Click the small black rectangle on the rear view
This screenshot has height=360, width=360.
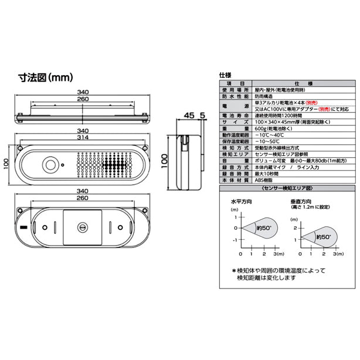pyautogui.click(x=23, y=227)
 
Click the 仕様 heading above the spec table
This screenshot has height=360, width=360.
pyautogui.click(x=226, y=76)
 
